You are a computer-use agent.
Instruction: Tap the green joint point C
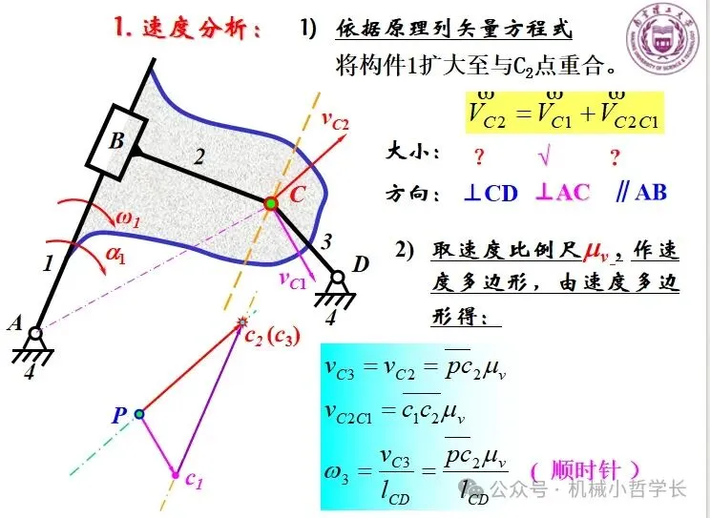[x=271, y=203]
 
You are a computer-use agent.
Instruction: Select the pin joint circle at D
[x=337, y=279]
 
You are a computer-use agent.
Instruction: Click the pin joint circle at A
[x=35, y=334]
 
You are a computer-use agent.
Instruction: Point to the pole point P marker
[x=139, y=414]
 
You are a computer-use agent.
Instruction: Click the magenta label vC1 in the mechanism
[x=293, y=279]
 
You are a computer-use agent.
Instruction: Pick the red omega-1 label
[x=128, y=221]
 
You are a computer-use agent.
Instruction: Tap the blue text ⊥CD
[x=491, y=193]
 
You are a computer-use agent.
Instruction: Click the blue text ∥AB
[x=640, y=192]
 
